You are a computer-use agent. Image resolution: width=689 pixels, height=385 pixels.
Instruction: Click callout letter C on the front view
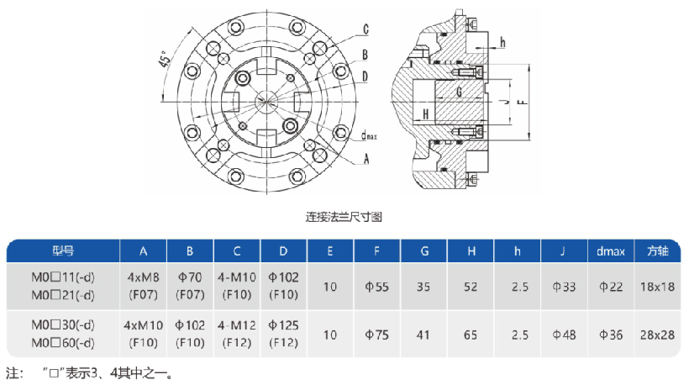pyautogui.click(x=366, y=29)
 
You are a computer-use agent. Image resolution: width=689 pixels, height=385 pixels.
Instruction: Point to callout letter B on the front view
pyautogui.click(x=366, y=55)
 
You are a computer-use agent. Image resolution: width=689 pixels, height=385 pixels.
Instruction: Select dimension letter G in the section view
pyautogui.click(x=459, y=91)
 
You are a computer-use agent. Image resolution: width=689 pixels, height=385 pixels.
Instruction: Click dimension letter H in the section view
pyautogui.click(x=426, y=113)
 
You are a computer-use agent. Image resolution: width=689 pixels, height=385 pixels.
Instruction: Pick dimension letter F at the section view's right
pyautogui.click(x=522, y=101)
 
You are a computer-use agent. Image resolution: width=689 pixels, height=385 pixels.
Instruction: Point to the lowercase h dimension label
pyautogui.click(x=502, y=42)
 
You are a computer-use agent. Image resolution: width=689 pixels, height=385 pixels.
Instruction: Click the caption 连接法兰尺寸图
pyautogui.click(x=344, y=217)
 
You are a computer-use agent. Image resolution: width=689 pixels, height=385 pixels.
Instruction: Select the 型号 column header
pyautogui.click(x=63, y=251)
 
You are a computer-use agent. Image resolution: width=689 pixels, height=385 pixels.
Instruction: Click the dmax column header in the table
pyautogui.click(x=611, y=251)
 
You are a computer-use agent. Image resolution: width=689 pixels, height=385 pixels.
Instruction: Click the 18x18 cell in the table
pyautogui.click(x=658, y=287)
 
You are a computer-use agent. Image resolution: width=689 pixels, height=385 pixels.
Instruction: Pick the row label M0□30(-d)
pyautogui.click(x=63, y=325)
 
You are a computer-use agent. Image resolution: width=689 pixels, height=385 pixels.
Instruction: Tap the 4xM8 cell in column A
pyautogui.click(x=143, y=277)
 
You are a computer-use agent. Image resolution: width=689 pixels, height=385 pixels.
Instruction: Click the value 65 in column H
pyautogui.click(x=470, y=335)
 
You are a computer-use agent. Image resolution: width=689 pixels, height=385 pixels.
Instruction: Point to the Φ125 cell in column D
pyautogui.click(x=283, y=325)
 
